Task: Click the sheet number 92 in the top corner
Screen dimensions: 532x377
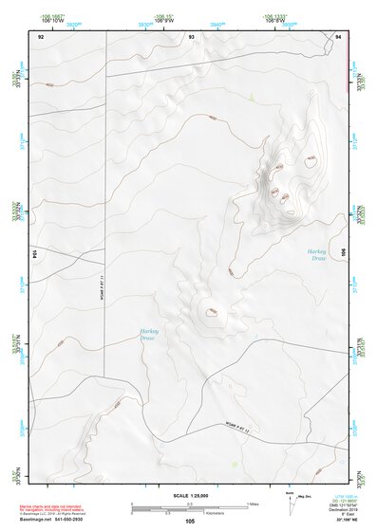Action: click(x=41, y=36)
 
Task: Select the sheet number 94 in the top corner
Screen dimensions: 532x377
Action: click(x=338, y=36)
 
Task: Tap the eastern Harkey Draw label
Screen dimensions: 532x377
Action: click(x=317, y=254)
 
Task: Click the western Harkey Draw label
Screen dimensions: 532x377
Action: click(x=147, y=335)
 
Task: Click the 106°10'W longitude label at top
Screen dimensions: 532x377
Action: click(x=53, y=19)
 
